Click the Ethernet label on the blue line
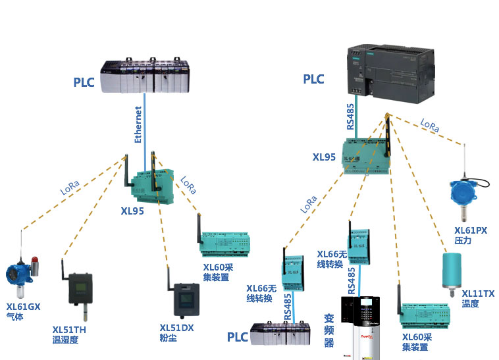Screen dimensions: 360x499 tap(138, 124)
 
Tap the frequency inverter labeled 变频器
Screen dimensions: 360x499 tap(359, 328)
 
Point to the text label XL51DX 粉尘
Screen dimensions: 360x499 tap(176, 332)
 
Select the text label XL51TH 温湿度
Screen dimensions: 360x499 tap(69, 334)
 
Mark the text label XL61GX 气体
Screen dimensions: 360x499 tap(23, 311)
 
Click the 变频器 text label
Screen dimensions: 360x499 tap(329, 330)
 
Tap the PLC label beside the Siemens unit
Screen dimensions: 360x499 tap(313, 80)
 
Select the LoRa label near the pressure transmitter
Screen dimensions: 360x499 tap(429, 126)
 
